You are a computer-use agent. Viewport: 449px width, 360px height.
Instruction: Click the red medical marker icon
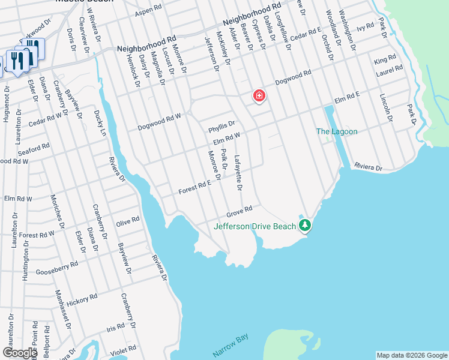click(x=259, y=95)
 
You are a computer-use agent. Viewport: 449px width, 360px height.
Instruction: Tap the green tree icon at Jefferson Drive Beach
click(x=306, y=224)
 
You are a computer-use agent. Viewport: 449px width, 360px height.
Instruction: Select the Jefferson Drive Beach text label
click(x=255, y=226)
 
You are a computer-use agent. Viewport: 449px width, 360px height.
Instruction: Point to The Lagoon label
click(x=337, y=131)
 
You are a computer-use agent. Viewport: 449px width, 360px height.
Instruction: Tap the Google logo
click(x=20, y=352)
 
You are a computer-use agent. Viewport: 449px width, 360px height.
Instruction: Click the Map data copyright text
click(x=412, y=355)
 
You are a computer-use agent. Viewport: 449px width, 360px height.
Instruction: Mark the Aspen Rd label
click(x=148, y=12)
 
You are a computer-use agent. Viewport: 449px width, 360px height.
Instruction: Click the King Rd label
click(x=385, y=60)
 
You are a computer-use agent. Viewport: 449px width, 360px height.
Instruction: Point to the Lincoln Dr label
click(x=385, y=109)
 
